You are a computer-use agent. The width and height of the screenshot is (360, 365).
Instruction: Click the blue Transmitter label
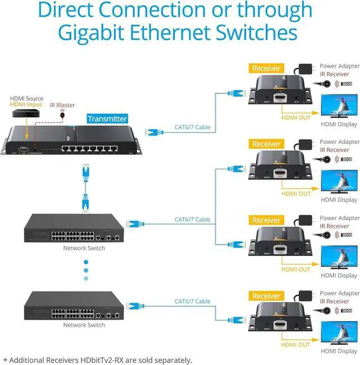[x=107, y=119]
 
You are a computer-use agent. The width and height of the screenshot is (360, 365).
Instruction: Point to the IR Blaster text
[x=62, y=105]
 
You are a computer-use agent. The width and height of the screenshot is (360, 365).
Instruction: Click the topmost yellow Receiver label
[x=266, y=69]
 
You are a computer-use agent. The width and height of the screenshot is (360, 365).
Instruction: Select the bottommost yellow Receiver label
[x=266, y=296]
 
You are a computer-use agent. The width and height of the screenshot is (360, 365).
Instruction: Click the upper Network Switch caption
[x=84, y=248]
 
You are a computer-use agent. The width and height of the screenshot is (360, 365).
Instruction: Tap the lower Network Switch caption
[x=84, y=325]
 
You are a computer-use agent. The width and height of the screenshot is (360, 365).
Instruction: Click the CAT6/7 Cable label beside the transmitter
[x=192, y=127]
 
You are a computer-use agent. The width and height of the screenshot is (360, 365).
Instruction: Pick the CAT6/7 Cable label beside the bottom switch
[x=192, y=301]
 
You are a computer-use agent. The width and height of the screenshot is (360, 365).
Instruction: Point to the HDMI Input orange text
[x=26, y=105]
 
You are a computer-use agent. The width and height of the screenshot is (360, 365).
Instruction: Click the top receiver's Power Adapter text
[x=340, y=66]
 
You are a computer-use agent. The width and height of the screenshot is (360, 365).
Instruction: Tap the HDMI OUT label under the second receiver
[x=296, y=193]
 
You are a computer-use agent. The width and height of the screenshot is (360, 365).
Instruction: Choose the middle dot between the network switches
[x=86, y=270]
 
